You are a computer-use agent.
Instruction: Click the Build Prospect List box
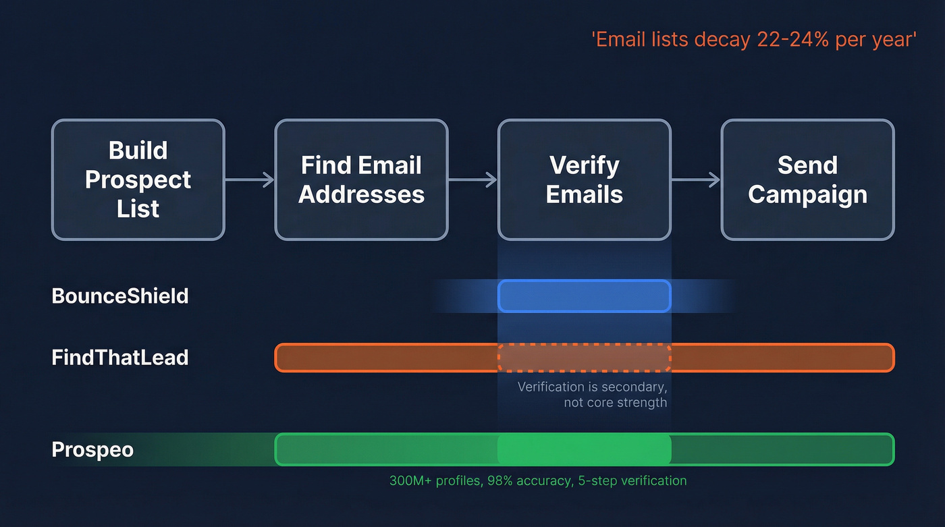(x=138, y=179)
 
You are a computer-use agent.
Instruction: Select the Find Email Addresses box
(x=361, y=179)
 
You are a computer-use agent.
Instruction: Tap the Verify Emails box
(x=585, y=179)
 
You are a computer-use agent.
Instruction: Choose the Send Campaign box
(x=807, y=179)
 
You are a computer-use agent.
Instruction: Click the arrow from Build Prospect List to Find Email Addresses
(x=249, y=179)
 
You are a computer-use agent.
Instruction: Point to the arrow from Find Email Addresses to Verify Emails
(x=473, y=179)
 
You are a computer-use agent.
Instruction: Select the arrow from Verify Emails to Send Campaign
(x=696, y=179)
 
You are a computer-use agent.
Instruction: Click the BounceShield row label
(x=120, y=296)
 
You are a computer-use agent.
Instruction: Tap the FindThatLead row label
(x=120, y=357)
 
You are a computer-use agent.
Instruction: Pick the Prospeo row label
(x=92, y=449)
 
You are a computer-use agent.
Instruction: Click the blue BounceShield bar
(x=585, y=296)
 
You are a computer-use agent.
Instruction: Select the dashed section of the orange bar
(x=585, y=358)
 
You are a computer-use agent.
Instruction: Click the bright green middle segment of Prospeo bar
(x=585, y=449)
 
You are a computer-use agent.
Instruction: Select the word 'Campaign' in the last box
(x=807, y=194)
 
